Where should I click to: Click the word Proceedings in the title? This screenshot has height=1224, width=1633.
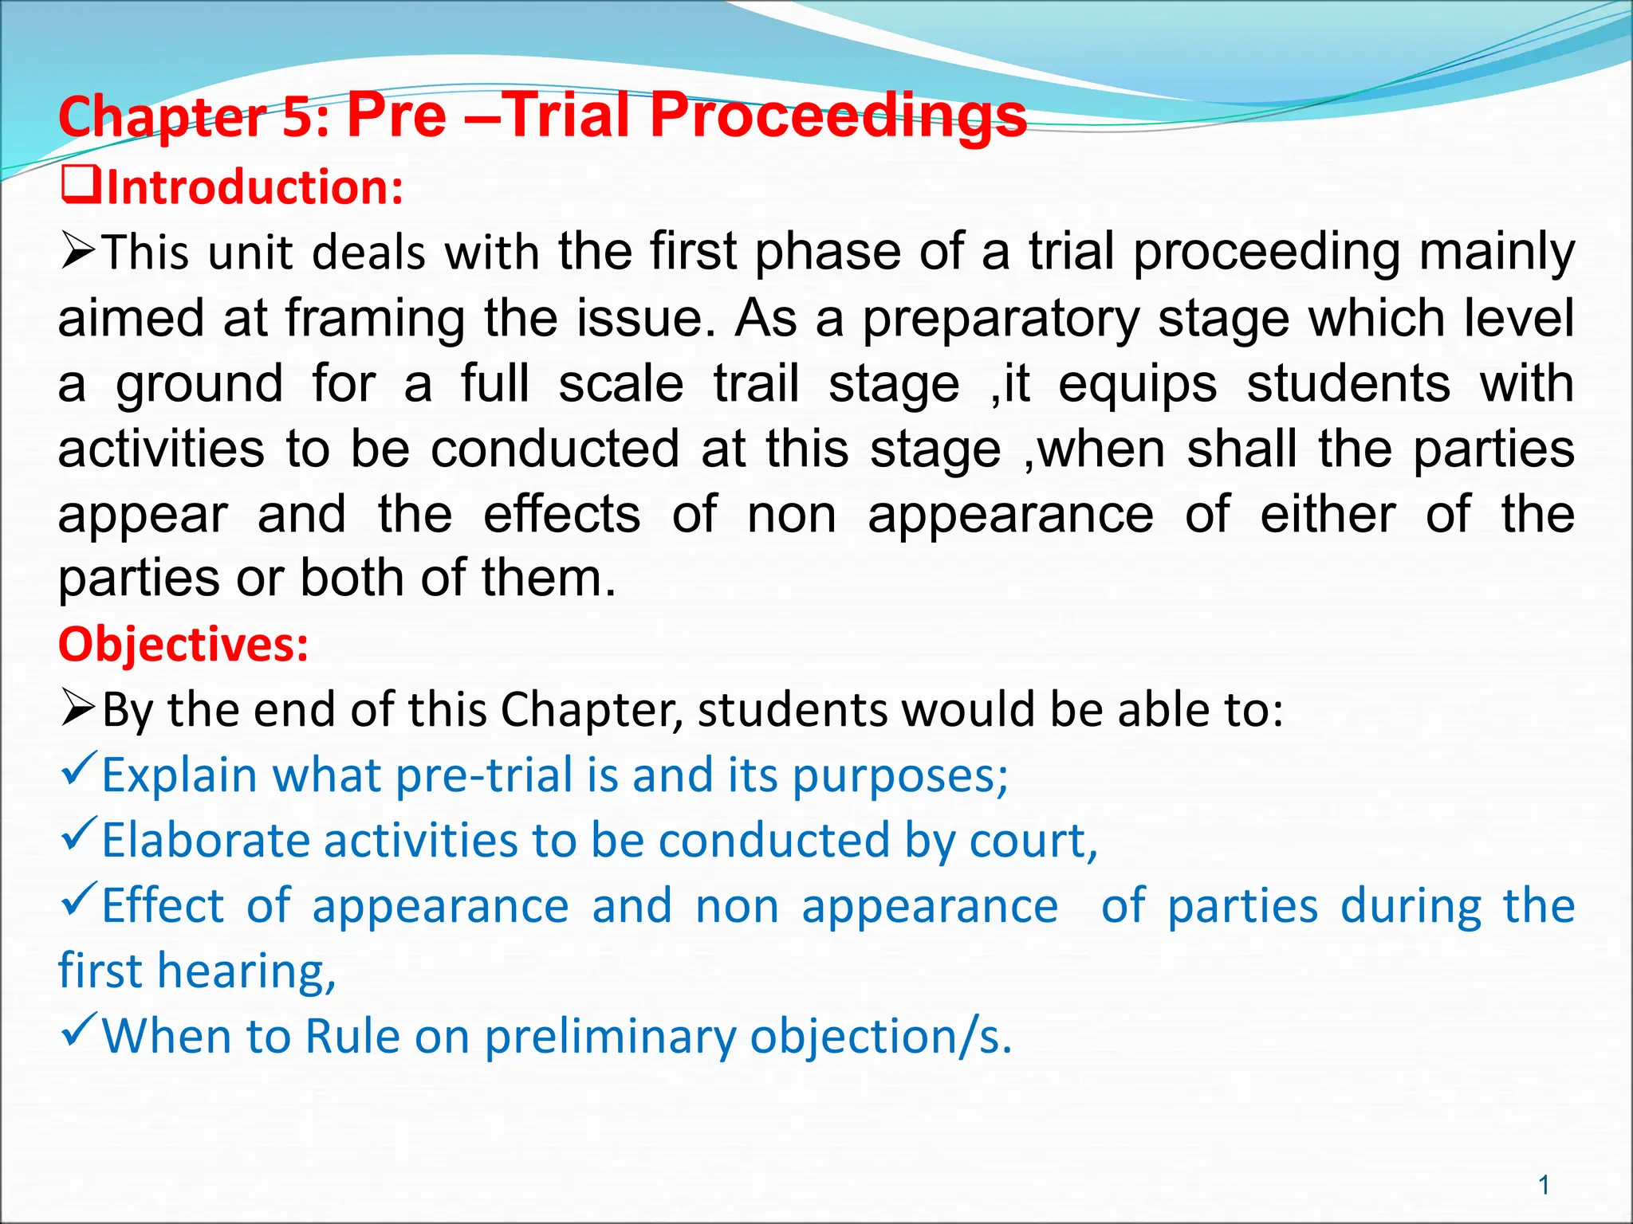coord(838,116)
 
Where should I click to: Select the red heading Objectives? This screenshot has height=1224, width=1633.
coord(183,644)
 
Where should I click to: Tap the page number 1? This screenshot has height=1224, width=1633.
coord(1544,1185)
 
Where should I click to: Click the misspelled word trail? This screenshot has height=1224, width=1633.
coord(756,384)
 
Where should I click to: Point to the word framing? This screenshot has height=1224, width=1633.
coord(375,319)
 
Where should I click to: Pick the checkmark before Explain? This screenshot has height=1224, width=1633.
coord(79,769)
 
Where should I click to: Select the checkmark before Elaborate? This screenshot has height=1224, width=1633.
coord(79,834)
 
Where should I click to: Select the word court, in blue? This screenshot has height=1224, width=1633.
coord(1033,841)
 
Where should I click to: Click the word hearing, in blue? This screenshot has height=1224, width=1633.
coord(246,972)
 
